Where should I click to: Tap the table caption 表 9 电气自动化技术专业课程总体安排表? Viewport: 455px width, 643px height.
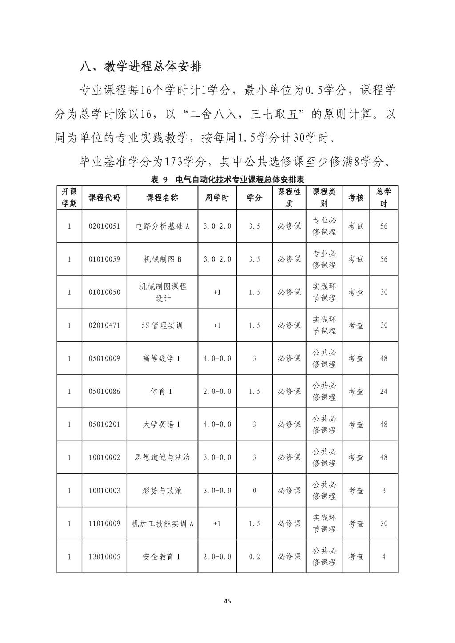tap(227, 179)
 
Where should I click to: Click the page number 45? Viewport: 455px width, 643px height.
tap(227, 602)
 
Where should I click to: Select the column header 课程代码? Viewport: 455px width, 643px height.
tap(104, 198)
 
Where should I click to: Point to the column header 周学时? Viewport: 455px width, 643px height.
tap(217, 198)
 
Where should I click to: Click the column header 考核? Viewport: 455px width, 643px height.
tap(356, 198)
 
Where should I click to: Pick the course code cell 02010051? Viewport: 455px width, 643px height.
tap(104, 226)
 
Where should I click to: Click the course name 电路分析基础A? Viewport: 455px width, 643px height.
tap(162, 226)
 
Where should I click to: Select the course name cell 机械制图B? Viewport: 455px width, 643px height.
tap(162, 259)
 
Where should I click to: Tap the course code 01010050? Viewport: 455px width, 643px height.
tap(104, 292)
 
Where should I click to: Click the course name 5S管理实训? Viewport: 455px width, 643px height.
tap(162, 325)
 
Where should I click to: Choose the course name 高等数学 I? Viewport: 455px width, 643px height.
tap(162, 358)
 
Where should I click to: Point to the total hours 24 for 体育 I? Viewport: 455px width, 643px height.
tap(383, 392)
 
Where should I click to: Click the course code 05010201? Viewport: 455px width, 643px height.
tap(104, 425)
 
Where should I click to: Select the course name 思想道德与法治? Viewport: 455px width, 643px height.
tap(162, 457)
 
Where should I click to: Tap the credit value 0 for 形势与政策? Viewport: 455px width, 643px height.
tap(255, 491)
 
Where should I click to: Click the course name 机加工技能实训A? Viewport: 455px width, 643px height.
tap(162, 524)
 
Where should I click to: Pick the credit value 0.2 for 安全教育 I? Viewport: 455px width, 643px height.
tap(255, 556)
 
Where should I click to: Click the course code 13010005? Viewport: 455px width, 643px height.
tap(104, 556)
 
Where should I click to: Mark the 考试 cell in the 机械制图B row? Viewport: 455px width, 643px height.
tap(356, 259)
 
